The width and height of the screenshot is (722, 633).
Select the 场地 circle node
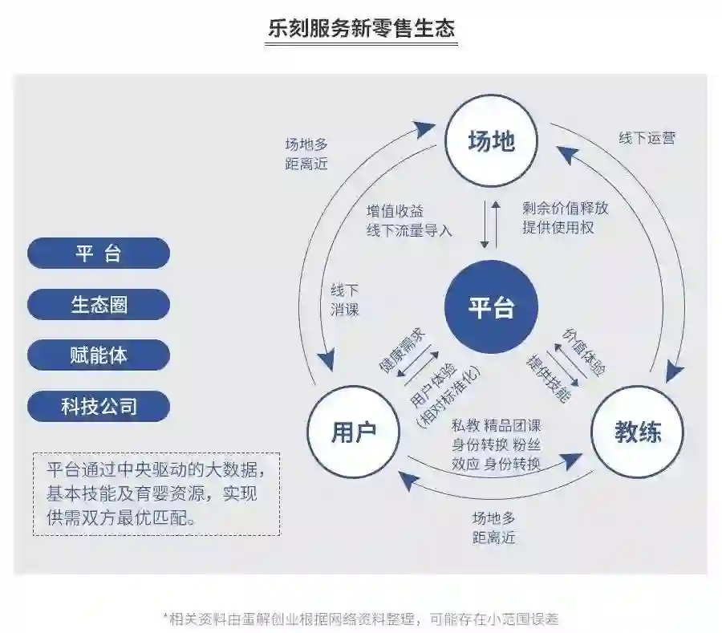tap(491, 142)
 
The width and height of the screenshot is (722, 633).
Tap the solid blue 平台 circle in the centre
tap(491, 307)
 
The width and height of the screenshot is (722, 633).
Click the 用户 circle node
tap(354, 432)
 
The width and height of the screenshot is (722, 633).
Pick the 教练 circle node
tap(638, 432)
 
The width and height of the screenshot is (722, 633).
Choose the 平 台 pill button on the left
tap(99, 254)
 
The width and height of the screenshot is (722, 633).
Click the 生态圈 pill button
tap(99, 305)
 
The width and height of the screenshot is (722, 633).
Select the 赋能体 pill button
tap(99, 355)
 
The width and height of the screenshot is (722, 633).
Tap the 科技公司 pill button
tap(99, 406)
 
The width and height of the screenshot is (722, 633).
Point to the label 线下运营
tap(647, 137)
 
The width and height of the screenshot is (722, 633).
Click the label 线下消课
tap(345, 299)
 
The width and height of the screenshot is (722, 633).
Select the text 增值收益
tap(395, 211)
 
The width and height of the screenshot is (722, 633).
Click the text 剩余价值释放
tap(565, 208)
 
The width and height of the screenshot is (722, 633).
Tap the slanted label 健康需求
tap(401, 351)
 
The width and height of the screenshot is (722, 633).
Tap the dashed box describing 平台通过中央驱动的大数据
tap(156, 494)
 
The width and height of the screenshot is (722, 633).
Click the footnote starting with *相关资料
tap(361, 619)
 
